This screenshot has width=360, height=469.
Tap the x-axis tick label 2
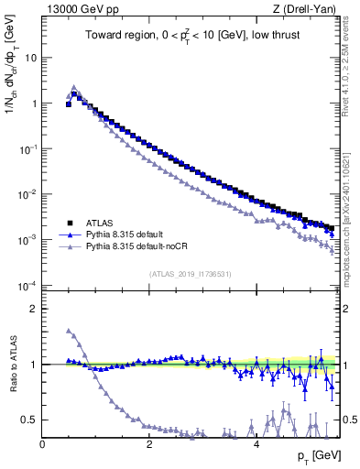[x=148, y=443]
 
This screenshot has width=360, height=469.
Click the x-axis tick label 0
[x=42, y=443]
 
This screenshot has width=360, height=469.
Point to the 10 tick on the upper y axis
[x=29, y=57]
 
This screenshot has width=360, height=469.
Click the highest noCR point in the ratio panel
[x=69, y=331]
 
